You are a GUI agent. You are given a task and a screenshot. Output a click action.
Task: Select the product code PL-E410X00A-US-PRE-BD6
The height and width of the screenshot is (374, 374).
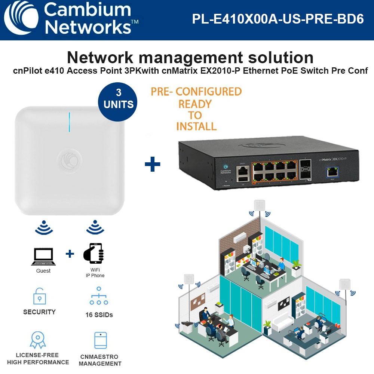(278, 19)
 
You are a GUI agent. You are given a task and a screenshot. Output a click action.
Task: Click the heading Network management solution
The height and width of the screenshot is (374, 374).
(190, 58)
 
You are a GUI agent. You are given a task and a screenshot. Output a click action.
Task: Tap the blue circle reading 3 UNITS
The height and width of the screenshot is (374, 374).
(119, 99)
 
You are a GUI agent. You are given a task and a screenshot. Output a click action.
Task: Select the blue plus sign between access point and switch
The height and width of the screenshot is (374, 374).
(152, 164)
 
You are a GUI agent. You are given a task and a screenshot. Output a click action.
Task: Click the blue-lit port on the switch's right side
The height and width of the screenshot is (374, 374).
(331, 171)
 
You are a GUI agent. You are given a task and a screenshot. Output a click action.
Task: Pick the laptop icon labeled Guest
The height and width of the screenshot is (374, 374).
(43, 256)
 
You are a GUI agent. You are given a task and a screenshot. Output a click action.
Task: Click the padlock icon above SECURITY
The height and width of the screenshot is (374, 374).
(39, 296)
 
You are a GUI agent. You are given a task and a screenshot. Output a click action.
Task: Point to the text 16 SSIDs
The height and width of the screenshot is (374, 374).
(99, 315)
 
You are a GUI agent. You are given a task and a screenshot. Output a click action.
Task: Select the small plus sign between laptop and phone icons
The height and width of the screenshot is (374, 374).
(70, 254)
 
